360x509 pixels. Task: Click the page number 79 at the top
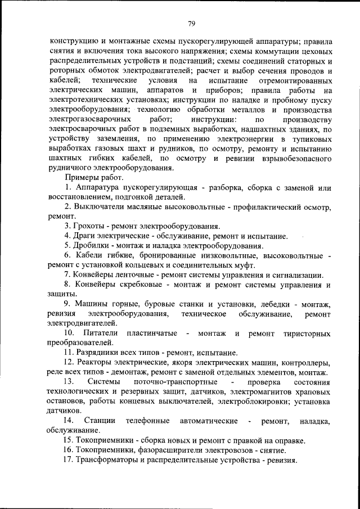coord(191,23)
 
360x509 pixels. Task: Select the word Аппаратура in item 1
coord(101,187)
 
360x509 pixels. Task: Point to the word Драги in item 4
coord(84,236)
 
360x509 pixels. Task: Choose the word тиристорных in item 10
coord(307,334)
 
